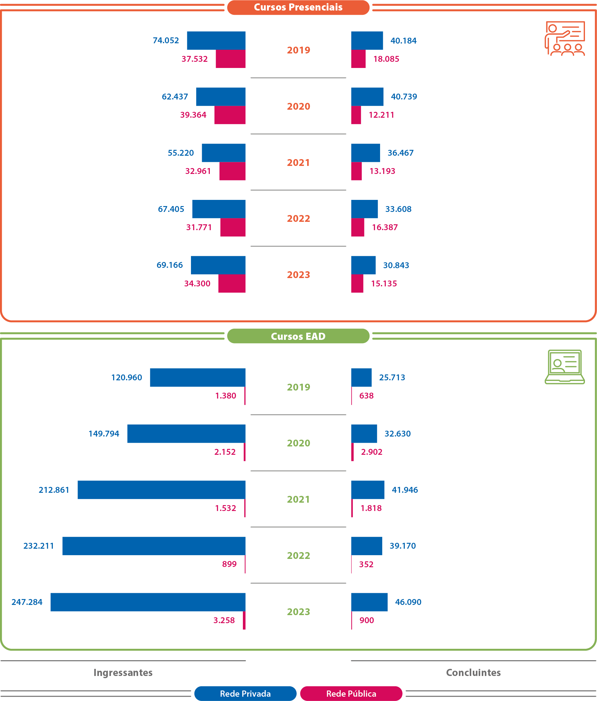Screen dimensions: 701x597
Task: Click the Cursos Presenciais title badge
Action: [298, 7]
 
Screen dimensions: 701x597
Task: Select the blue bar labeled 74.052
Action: [216, 40]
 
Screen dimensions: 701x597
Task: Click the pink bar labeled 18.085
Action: [358, 59]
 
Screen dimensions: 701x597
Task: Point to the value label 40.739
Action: [404, 97]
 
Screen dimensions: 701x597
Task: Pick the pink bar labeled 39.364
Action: [230, 115]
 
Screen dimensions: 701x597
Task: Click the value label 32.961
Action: [198, 171]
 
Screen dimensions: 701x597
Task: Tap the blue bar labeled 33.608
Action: [364, 209]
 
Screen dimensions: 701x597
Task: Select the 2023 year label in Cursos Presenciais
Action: [298, 275]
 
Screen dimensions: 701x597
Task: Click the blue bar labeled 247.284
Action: [148, 602]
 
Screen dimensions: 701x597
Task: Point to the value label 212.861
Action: [54, 490]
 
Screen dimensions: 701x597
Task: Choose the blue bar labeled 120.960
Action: [198, 377]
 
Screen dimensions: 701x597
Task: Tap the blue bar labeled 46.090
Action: [369, 602]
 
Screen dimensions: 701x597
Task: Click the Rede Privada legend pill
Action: [245, 694]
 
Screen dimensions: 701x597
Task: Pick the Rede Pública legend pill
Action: [351, 694]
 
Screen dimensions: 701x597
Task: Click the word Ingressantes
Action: [123, 673]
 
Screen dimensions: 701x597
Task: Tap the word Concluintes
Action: [473, 673]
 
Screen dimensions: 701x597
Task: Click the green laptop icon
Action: [565, 367]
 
